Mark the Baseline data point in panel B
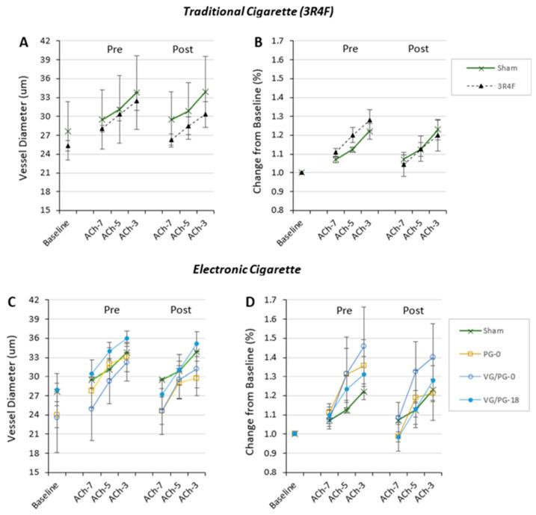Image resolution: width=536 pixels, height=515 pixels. pos(301,172)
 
